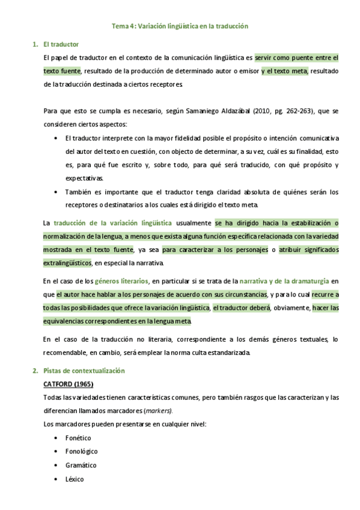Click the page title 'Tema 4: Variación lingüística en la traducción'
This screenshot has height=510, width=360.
coord(180,26)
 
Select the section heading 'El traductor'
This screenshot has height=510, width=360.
coord(61,45)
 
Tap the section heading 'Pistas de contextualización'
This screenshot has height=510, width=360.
coord(84,371)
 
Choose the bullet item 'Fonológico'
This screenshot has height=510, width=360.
coord(82,451)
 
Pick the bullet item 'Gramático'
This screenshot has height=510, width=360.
coord(81,465)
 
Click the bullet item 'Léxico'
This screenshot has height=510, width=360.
coord(75,479)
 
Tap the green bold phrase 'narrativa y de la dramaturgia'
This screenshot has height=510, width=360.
coord(284,281)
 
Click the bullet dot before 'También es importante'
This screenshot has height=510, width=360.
coord(56,192)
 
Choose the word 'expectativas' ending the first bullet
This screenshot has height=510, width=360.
coord(84,178)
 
